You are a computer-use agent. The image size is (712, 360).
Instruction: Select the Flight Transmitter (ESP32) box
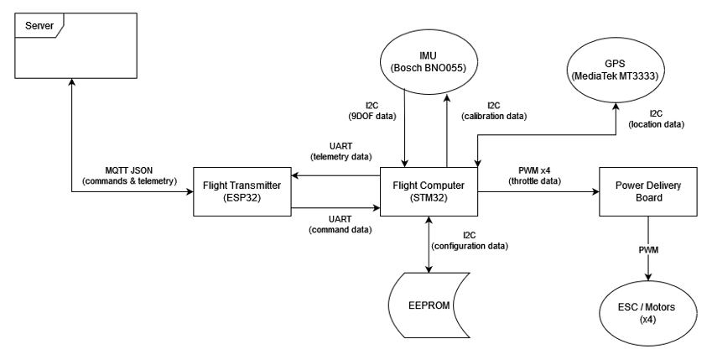[242, 191]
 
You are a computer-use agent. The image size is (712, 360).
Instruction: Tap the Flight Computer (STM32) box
[429, 191]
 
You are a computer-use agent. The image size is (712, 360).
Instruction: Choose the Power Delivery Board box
[648, 191]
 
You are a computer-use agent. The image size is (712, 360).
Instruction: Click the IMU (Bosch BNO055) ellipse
[428, 64]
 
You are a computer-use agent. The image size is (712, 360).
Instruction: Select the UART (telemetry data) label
[336, 150]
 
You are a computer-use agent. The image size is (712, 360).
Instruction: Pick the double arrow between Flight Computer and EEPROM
[429, 244]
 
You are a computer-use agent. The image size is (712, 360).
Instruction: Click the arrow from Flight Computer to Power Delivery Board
[538, 191]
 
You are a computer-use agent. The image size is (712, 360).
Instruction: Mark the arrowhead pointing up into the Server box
[71, 81]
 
